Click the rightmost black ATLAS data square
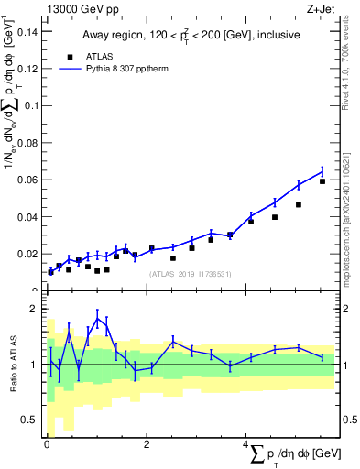coord(322,181)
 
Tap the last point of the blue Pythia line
coord(322,171)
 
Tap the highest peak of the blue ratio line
coord(97,317)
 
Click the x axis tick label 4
coord(245,445)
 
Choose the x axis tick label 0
coord(47,445)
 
